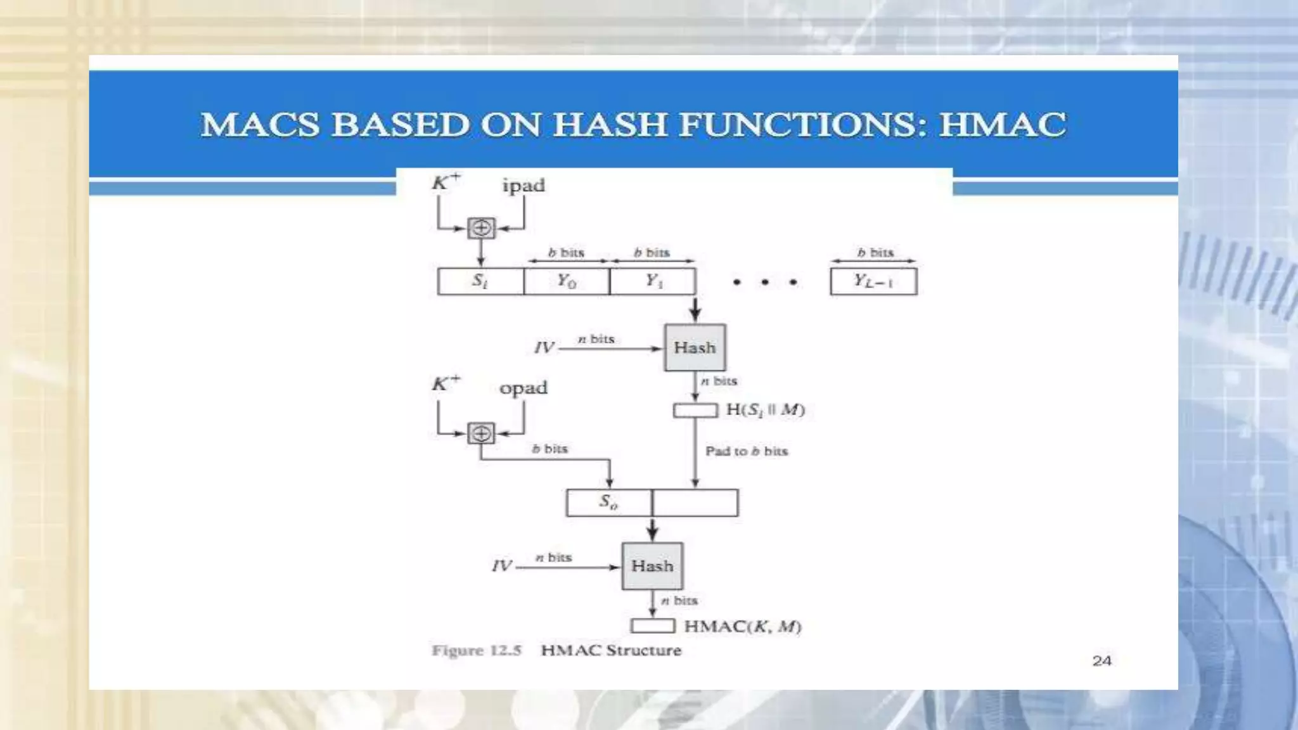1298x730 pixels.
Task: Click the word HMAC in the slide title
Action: pyautogui.click(x=1003, y=124)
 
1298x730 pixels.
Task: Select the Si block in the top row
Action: pyautogui.click(x=480, y=281)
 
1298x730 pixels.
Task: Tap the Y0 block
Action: pyautogui.click(x=567, y=281)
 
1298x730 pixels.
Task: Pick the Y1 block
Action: pyautogui.click(x=653, y=281)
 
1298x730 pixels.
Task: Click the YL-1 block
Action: pyautogui.click(x=873, y=281)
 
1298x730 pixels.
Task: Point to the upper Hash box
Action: pyautogui.click(x=695, y=348)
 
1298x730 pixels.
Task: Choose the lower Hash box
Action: pyautogui.click(x=652, y=566)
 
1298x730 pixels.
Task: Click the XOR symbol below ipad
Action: pyautogui.click(x=481, y=228)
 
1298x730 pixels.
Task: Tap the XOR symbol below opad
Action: pyautogui.click(x=481, y=433)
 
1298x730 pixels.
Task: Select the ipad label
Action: pyautogui.click(x=524, y=186)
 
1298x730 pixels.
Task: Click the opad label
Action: pyautogui.click(x=523, y=388)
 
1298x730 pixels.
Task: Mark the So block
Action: pyautogui.click(x=608, y=503)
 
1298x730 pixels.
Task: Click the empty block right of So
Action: pyautogui.click(x=695, y=503)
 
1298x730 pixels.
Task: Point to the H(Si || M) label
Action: pyautogui.click(x=765, y=410)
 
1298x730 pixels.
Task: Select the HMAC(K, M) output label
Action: pyautogui.click(x=743, y=627)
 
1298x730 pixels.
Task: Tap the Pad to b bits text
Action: pyautogui.click(x=747, y=451)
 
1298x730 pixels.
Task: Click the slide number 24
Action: pyautogui.click(x=1102, y=661)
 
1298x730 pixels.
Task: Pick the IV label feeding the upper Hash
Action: pyautogui.click(x=544, y=348)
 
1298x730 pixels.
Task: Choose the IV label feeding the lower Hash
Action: pyautogui.click(x=502, y=566)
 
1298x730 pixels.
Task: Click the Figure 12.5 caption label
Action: pyautogui.click(x=476, y=651)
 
